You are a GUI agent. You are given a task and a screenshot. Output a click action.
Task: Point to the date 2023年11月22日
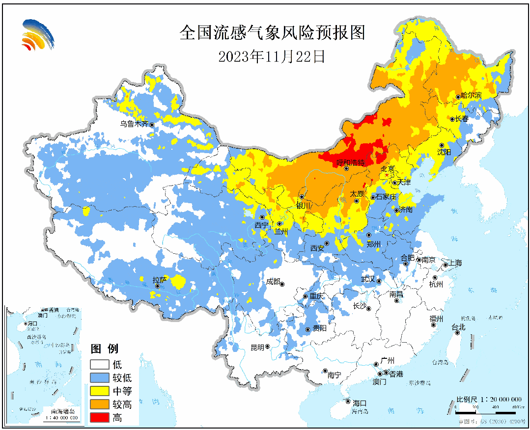[x=272, y=56]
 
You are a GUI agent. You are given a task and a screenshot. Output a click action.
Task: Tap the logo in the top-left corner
[x=37, y=34]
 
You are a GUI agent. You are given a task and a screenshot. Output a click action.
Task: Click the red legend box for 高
[x=99, y=418]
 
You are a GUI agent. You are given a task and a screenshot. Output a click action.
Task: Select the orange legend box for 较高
[x=99, y=404]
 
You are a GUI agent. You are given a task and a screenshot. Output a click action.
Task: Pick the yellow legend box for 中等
[x=99, y=391]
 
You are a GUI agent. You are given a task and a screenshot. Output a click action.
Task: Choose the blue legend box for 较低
[x=99, y=378]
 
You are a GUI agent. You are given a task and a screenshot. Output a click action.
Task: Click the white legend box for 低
[x=99, y=365]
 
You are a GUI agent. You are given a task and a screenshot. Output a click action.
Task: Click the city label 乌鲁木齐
[x=134, y=124]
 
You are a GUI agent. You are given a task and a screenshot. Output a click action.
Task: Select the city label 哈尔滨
[x=472, y=96]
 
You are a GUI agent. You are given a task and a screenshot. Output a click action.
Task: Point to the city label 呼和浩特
[x=350, y=162]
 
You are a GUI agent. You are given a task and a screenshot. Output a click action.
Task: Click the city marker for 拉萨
[x=158, y=286]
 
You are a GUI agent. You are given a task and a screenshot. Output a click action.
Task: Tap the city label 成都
[x=273, y=282]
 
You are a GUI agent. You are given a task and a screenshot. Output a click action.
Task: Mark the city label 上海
[x=455, y=264]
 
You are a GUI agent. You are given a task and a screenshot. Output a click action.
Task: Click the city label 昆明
[x=257, y=348]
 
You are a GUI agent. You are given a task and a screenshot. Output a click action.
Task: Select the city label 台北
[x=458, y=327]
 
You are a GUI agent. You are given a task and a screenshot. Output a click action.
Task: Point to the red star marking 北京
[x=387, y=175]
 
